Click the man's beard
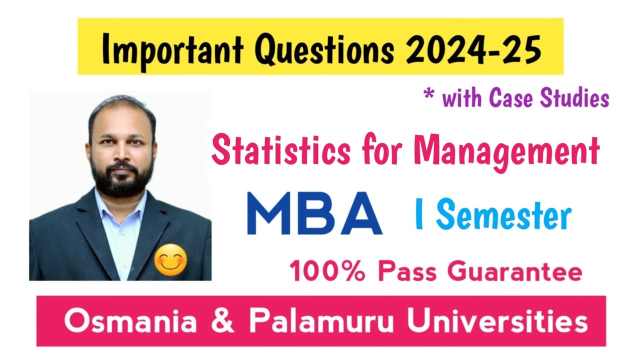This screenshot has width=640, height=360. click(x=122, y=178)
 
